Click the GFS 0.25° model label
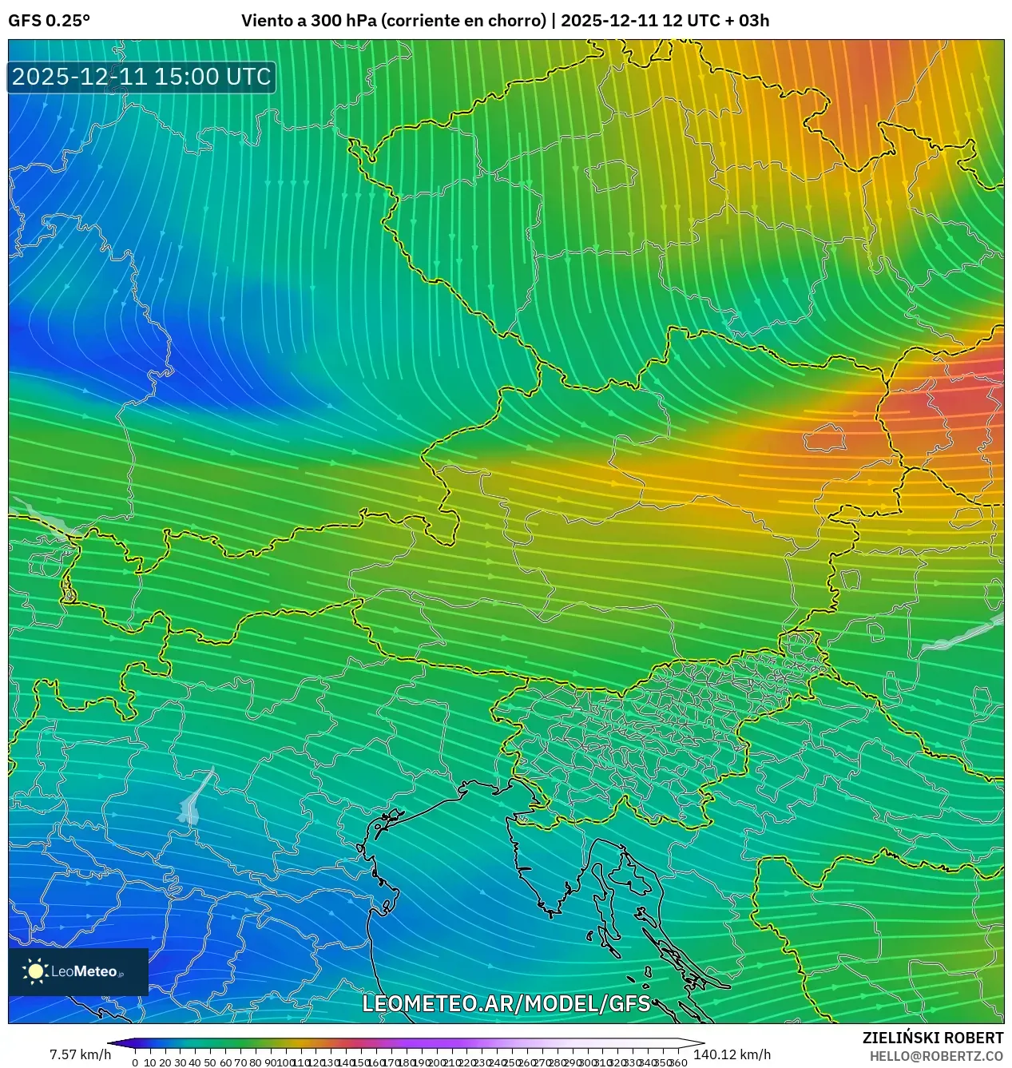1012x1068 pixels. [x=49, y=21]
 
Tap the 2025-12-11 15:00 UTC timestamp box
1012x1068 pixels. [x=141, y=77]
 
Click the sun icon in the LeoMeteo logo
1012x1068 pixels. [x=35, y=971]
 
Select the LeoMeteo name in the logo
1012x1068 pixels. [x=84, y=972]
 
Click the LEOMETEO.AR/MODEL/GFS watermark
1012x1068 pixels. [x=506, y=1003]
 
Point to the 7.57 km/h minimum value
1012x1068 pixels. [x=80, y=1054]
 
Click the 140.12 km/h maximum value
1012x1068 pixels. [x=732, y=1054]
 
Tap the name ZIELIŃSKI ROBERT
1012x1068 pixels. [x=932, y=1038]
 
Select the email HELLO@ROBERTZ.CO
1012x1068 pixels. [x=936, y=1056]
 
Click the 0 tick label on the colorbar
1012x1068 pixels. [x=135, y=1062]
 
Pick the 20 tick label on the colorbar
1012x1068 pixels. [x=165, y=1062]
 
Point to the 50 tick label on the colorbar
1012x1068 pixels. [x=210, y=1062]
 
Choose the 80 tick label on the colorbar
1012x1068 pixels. [x=255, y=1062]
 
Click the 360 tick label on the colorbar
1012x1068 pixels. [x=678, y=1062]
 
